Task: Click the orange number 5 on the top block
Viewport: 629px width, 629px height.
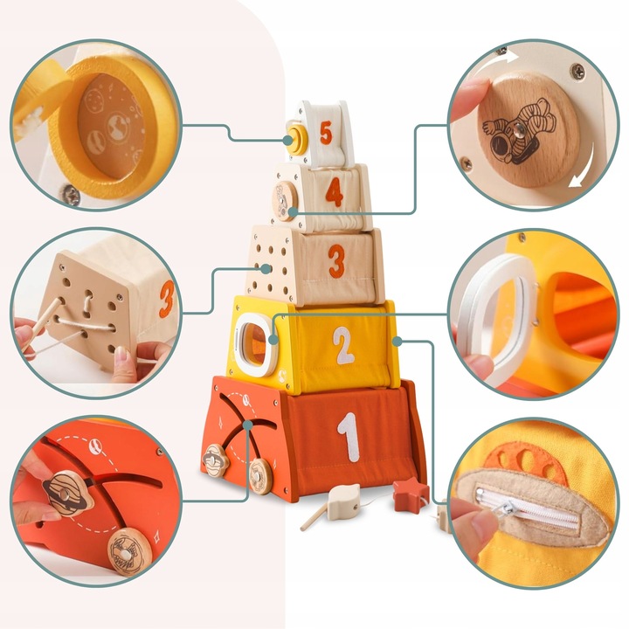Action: (x=326, y=133)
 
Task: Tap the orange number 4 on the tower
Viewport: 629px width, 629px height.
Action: (x=334, y=193)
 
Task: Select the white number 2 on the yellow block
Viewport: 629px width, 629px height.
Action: (x=342, y=343)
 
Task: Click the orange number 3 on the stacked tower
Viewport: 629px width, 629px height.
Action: (x=336, y=260)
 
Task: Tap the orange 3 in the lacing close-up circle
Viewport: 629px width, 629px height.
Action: (x=166, y=297)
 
